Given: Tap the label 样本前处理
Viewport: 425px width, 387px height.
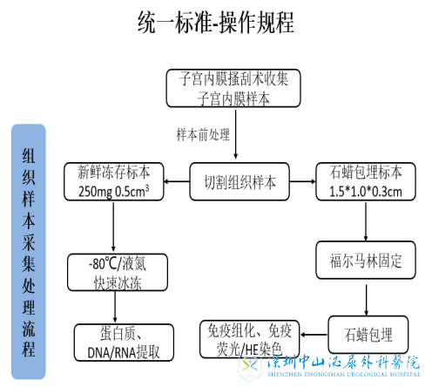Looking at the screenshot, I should (202, 135).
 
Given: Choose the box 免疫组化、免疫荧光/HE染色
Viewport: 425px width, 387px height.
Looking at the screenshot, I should (251, 338).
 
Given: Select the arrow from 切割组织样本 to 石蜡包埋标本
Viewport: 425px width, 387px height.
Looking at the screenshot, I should (297, 181).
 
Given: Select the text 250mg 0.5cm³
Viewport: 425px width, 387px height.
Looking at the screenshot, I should (112, 191).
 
